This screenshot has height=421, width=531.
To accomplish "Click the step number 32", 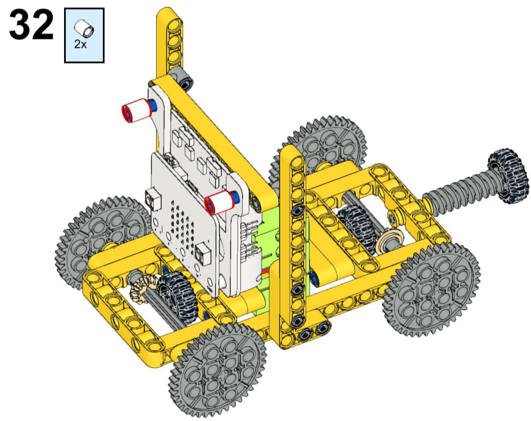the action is point(31,25).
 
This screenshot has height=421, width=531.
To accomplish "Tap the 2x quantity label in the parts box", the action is point(80,44).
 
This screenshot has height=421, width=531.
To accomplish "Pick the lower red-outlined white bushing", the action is point(220,202).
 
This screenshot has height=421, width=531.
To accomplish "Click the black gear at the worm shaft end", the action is point(507,176).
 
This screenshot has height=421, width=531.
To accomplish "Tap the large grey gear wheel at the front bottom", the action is point(218,370).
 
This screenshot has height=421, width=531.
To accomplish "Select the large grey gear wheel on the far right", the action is point(432,290).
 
